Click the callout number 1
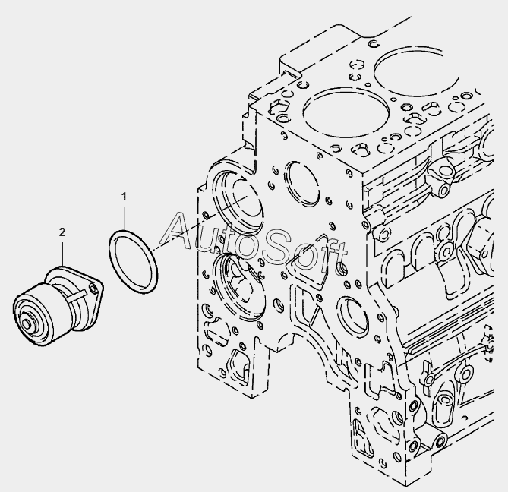pyautogui.click(x=124, y=197)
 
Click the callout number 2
pyautogui.click(x=62, y=232)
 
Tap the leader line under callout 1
pyautogui.click(x=124, y=216)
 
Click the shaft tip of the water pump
pyautogui.click(x=26, y=323)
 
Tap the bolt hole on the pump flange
pyautogui.click(x=94, y=289)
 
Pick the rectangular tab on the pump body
pyautogui.click(x=77, y=295)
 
